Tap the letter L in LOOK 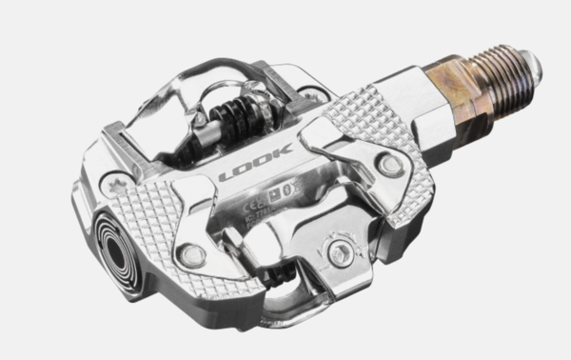(226, 178)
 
